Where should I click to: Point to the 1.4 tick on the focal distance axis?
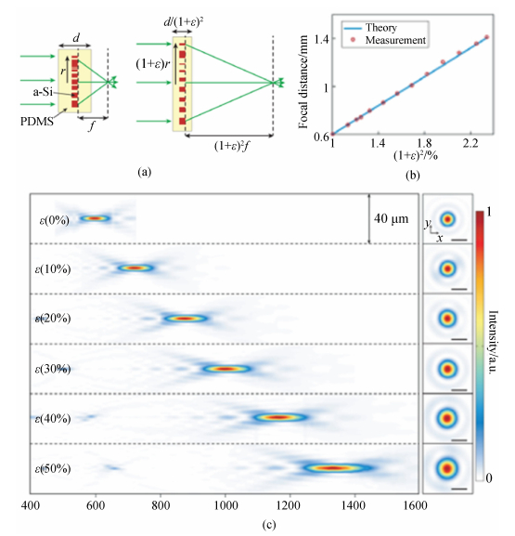click(321, 40)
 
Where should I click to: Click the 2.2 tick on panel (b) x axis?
click(470, 143)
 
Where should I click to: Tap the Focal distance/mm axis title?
click(303, 82)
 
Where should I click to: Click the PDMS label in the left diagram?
click(37, 122)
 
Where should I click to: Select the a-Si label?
click(43, 92)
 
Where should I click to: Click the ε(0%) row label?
click(55, 220)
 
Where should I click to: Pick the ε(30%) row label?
click(53, 369)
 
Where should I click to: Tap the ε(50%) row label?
click(53, 468)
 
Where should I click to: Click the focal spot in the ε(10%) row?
click(135, 268)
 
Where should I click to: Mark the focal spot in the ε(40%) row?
click(280, 417)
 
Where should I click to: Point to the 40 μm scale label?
click(391, 219)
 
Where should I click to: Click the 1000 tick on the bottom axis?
click(225, 505)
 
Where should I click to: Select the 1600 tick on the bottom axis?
click(416, 505)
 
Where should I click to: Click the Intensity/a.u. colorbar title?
click(493, 342)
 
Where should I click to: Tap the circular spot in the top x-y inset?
click(447, 219)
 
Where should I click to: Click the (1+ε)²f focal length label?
click(232, 147)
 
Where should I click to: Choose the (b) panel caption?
click(413, 176)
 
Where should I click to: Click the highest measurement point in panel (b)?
click(486, 37)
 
